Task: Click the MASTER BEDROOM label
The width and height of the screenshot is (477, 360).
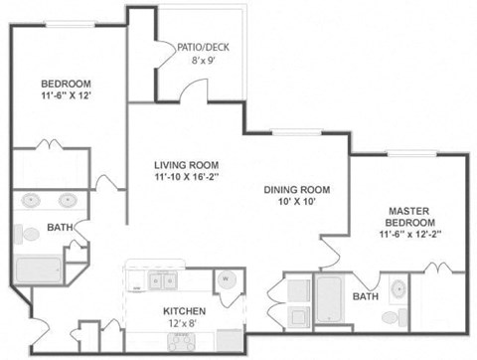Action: (x=408, y=216)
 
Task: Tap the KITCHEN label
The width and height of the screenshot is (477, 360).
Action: (x=185, y=310)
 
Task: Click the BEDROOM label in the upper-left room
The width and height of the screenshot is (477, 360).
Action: (x=66, y=84)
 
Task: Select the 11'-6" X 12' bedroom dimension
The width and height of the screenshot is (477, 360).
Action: (x=66, y=97)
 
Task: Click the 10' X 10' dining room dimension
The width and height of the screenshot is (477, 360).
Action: (x=296, y=203)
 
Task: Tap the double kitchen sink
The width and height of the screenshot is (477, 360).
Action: (x=163, y=281)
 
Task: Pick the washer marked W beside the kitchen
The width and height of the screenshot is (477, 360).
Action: (x=227, y=279)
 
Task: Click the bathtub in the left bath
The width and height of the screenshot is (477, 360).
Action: (x=39, y=270)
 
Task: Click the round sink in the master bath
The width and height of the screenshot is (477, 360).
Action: (x=398, y=290)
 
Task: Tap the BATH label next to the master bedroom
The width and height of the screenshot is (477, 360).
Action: (x=366, y=296)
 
